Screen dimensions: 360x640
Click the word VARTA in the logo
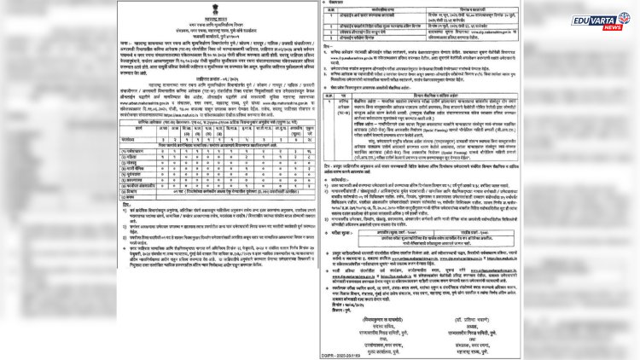click(x=603, y=17)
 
